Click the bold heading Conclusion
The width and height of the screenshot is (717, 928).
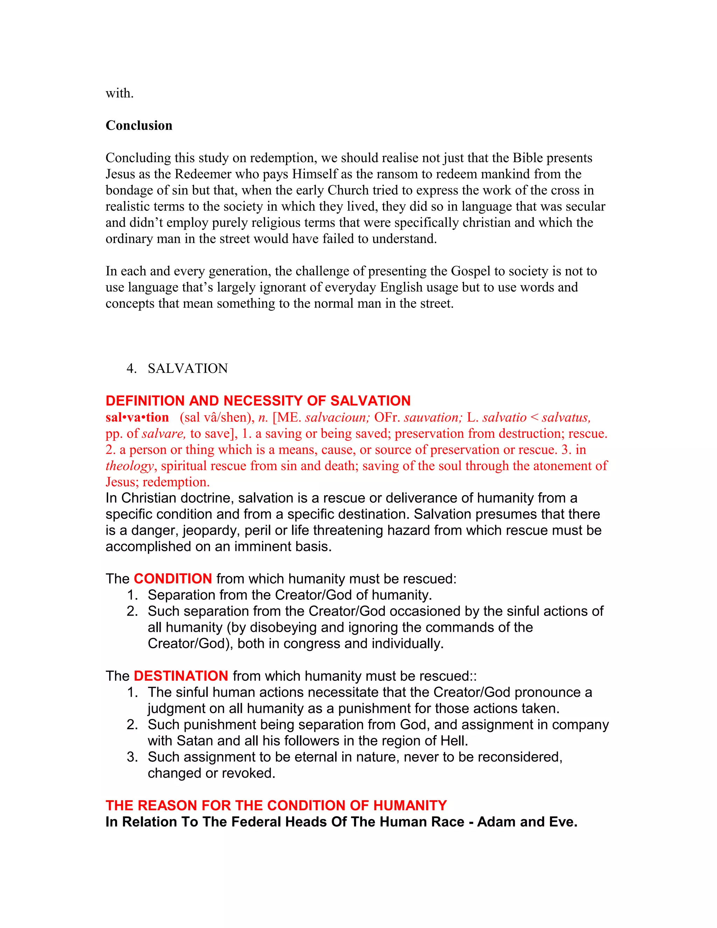(x=139, y=125)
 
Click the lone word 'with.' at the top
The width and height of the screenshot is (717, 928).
(x=119, y=93)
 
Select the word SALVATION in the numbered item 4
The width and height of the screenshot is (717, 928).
(x=188, y=368)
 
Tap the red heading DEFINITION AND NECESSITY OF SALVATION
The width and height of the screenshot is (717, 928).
(x=258, y=401)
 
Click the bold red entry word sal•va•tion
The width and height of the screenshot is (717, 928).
(x=137, y=417)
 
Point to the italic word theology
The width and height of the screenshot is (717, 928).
(x=130, y=466)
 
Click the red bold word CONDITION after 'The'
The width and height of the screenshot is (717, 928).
(x=173, y=579)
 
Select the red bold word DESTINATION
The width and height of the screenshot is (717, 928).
(x=181, y=676)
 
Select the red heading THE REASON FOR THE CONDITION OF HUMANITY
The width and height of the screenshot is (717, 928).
(x=276, y=806)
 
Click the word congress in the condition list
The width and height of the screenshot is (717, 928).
(x=312, y=643)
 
